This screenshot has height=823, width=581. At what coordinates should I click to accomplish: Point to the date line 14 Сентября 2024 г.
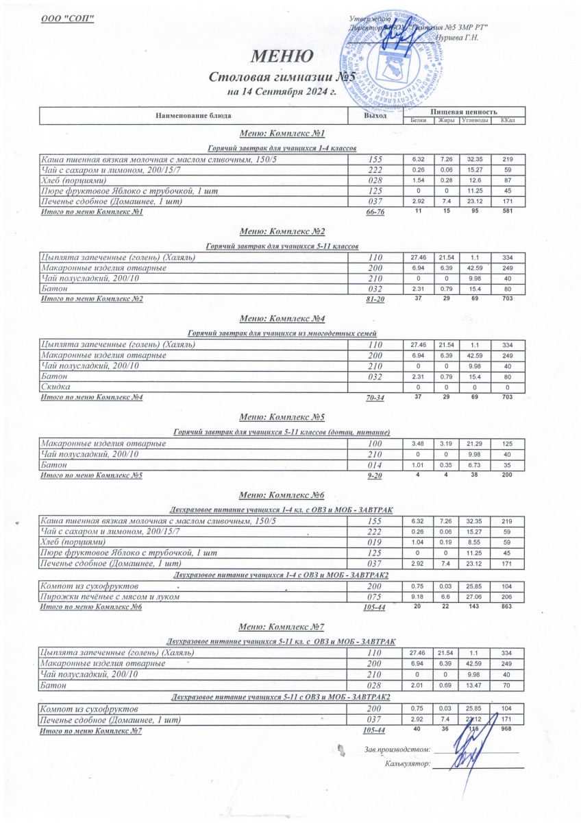coord(282,92)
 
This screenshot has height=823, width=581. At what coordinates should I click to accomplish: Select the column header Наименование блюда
coord(193,116)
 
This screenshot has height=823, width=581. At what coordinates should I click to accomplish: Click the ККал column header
coord(508,121)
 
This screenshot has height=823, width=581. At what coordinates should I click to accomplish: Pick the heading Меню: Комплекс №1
coord(282,133)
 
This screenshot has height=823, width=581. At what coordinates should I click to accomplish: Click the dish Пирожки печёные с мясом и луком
coord(110,597)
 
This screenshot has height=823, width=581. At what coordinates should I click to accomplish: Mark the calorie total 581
coord(508,212)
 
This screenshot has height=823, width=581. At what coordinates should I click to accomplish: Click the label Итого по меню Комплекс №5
coord(92,475)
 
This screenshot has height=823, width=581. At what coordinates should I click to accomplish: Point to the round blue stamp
coord(388,57)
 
